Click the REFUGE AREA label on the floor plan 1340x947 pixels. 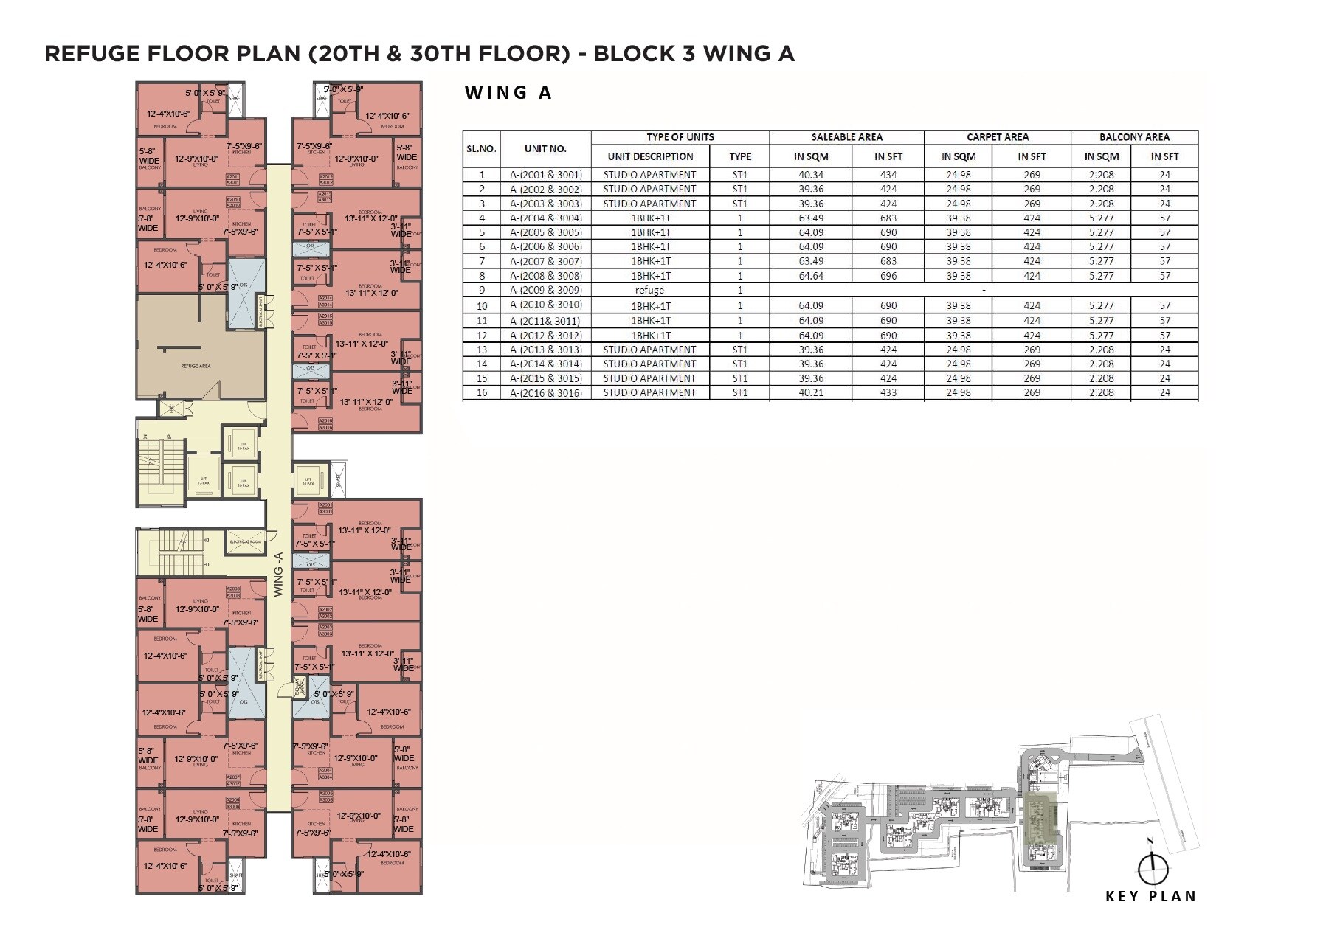196,366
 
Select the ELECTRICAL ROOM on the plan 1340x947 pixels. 246,542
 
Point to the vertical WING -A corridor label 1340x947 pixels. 278,575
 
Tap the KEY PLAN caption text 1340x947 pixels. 1150,896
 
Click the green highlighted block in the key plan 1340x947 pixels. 1040,819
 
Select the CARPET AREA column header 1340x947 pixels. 997,137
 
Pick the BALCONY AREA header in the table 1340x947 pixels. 1134,137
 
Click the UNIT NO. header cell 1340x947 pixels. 545,148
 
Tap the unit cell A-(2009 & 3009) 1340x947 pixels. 545,290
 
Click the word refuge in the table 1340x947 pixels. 649,290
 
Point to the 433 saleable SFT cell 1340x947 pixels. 888,392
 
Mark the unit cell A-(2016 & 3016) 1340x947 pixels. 545,393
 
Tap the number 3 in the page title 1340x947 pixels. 688,54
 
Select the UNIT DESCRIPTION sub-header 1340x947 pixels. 650,156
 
